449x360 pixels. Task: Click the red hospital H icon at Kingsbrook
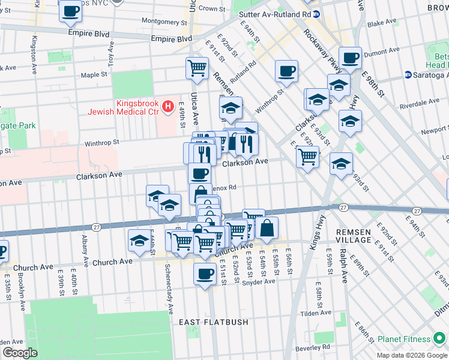[169, 107]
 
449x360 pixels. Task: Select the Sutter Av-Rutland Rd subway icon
[316, 14]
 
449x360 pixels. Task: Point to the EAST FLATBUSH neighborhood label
[214, 322]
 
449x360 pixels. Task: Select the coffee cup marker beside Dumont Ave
[350, 59]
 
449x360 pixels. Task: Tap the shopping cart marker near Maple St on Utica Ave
[197, 69]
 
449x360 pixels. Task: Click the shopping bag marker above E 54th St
[267, 228]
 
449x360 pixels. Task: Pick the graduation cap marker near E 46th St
[139, 241]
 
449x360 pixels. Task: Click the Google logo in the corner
[20, 353]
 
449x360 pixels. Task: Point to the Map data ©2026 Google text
[412, 355]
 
